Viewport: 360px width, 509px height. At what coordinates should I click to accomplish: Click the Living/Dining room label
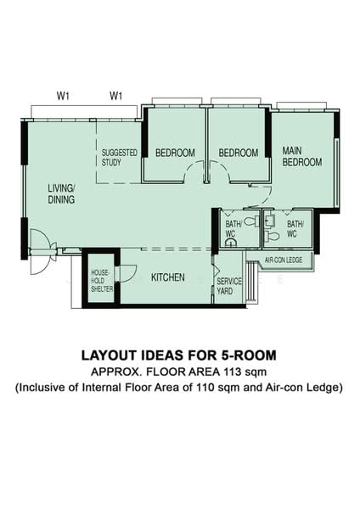point(61,193)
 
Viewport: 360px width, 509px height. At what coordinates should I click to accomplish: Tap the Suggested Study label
point(119,158)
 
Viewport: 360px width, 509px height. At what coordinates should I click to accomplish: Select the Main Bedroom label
point(302,156)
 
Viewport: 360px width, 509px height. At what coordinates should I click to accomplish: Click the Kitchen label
point(168,277)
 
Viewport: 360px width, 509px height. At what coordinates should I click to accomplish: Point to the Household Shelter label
point(102,281)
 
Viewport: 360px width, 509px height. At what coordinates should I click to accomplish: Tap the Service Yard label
point(229,286)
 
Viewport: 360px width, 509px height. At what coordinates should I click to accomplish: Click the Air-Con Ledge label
point(284,260)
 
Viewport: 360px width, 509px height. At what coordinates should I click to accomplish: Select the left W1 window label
point(63,96)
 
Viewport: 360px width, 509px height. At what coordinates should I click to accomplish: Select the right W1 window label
point(115,96)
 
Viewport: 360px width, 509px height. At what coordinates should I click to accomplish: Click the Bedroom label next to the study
point(175,153)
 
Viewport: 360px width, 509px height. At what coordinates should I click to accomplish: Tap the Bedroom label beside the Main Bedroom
point(238,153)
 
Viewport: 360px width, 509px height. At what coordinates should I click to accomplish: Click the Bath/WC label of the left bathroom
point(233,228)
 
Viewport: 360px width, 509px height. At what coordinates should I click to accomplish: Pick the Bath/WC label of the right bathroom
point(295,228)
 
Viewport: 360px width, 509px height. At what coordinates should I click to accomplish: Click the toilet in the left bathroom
point(251,221)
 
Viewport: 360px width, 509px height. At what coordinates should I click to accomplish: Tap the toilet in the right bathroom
point(272,237)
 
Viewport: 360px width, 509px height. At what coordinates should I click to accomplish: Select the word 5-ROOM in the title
point(249,355)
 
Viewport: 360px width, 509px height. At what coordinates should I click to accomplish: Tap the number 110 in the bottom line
point(205,388)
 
